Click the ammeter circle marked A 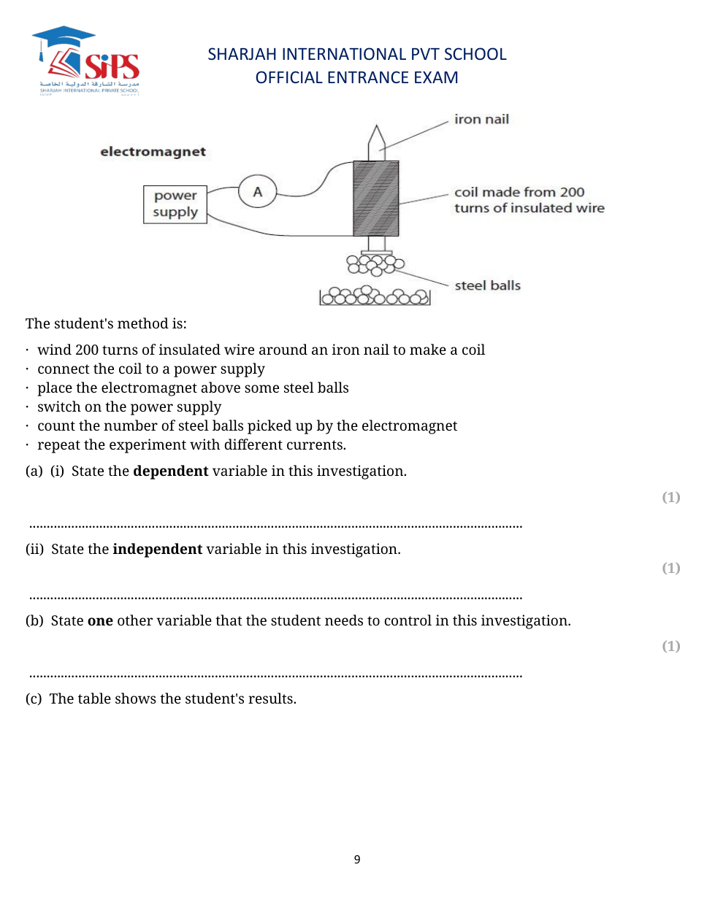pos(257,192)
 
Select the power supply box pos(175,204)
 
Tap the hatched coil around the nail pos(375,199)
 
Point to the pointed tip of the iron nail pos(376,129)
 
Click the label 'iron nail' pos(481,119)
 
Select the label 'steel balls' pos(487,285)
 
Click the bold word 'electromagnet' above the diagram pos(153,152)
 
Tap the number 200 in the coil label pos(572,192)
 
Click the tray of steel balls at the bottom pos(375,296)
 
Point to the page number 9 pos(357,859)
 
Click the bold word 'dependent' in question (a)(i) pos(171,471)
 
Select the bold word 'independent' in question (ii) pos(158,549)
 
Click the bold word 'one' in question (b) pos(100,620)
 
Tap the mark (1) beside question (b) pos(670,646)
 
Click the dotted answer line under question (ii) pos(276,598)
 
